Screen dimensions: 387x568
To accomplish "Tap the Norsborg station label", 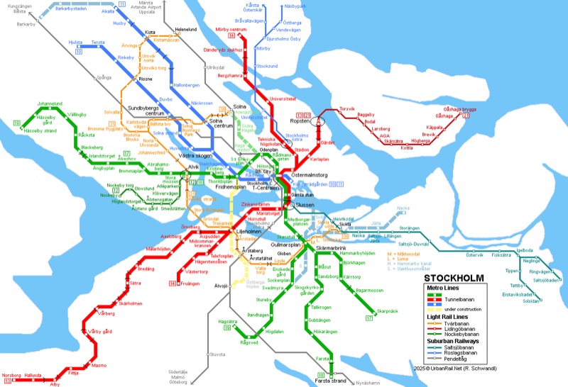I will pyautogui.click(x=11, y=374).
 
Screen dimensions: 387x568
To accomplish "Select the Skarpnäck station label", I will pyautogui.click(x=387, y=310).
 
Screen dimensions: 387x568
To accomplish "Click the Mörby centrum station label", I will pyautogui.click(x=239, y=29).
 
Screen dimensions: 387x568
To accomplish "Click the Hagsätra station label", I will pyautogui.click(x=227, y=321).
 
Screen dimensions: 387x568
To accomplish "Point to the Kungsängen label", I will pyautogui.click(x=13, y=5).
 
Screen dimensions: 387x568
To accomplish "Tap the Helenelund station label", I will pyautogui.click(x=186, y=29).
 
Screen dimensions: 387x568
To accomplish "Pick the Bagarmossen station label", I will pyautogui.click(x=370, y=290).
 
